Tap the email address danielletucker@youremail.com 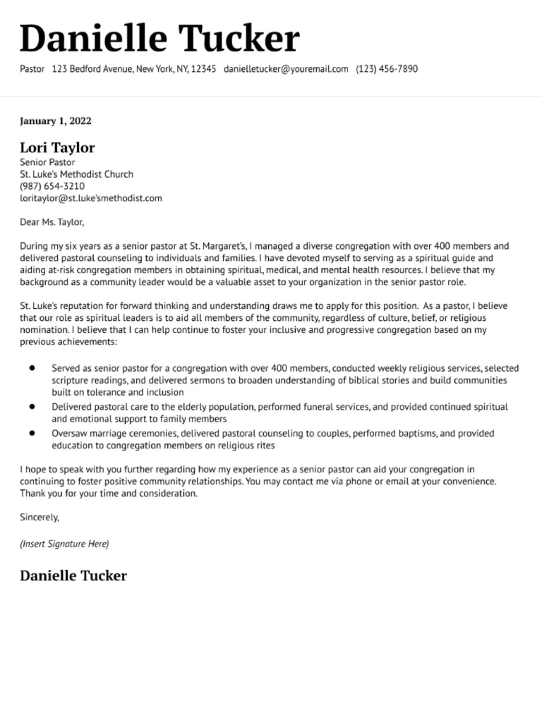click(x=286, y=69)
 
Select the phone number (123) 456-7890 click(x=387, y=69)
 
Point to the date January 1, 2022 click(x=56, y=121)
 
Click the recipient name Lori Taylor click(x=57, y=147)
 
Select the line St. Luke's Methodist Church click(x=76, y=174)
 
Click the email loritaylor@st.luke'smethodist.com click(x=91, y=198)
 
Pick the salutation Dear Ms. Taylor click(x=52, y=222)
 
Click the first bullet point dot click(x=32, y=368)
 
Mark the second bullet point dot click(x=32, y=407)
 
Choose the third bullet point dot click(x=32, y=433)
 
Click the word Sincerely click(x=40, y=518)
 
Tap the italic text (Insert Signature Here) click(x=64, y=544)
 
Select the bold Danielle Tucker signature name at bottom click(x=73, y=575)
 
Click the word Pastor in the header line click(x=32, y=69)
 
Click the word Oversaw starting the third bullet click(x=69, y=433)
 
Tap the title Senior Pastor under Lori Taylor click(x=47, y=162)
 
